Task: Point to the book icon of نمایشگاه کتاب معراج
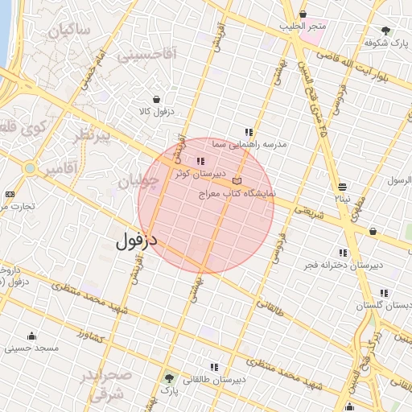click(236, 181)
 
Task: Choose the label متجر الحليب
click(303, 27)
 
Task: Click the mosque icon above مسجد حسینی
click(31, 336)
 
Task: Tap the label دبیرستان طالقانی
click(214, 378)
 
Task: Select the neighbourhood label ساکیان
click(69, 31)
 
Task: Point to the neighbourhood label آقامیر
click(60, 169)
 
